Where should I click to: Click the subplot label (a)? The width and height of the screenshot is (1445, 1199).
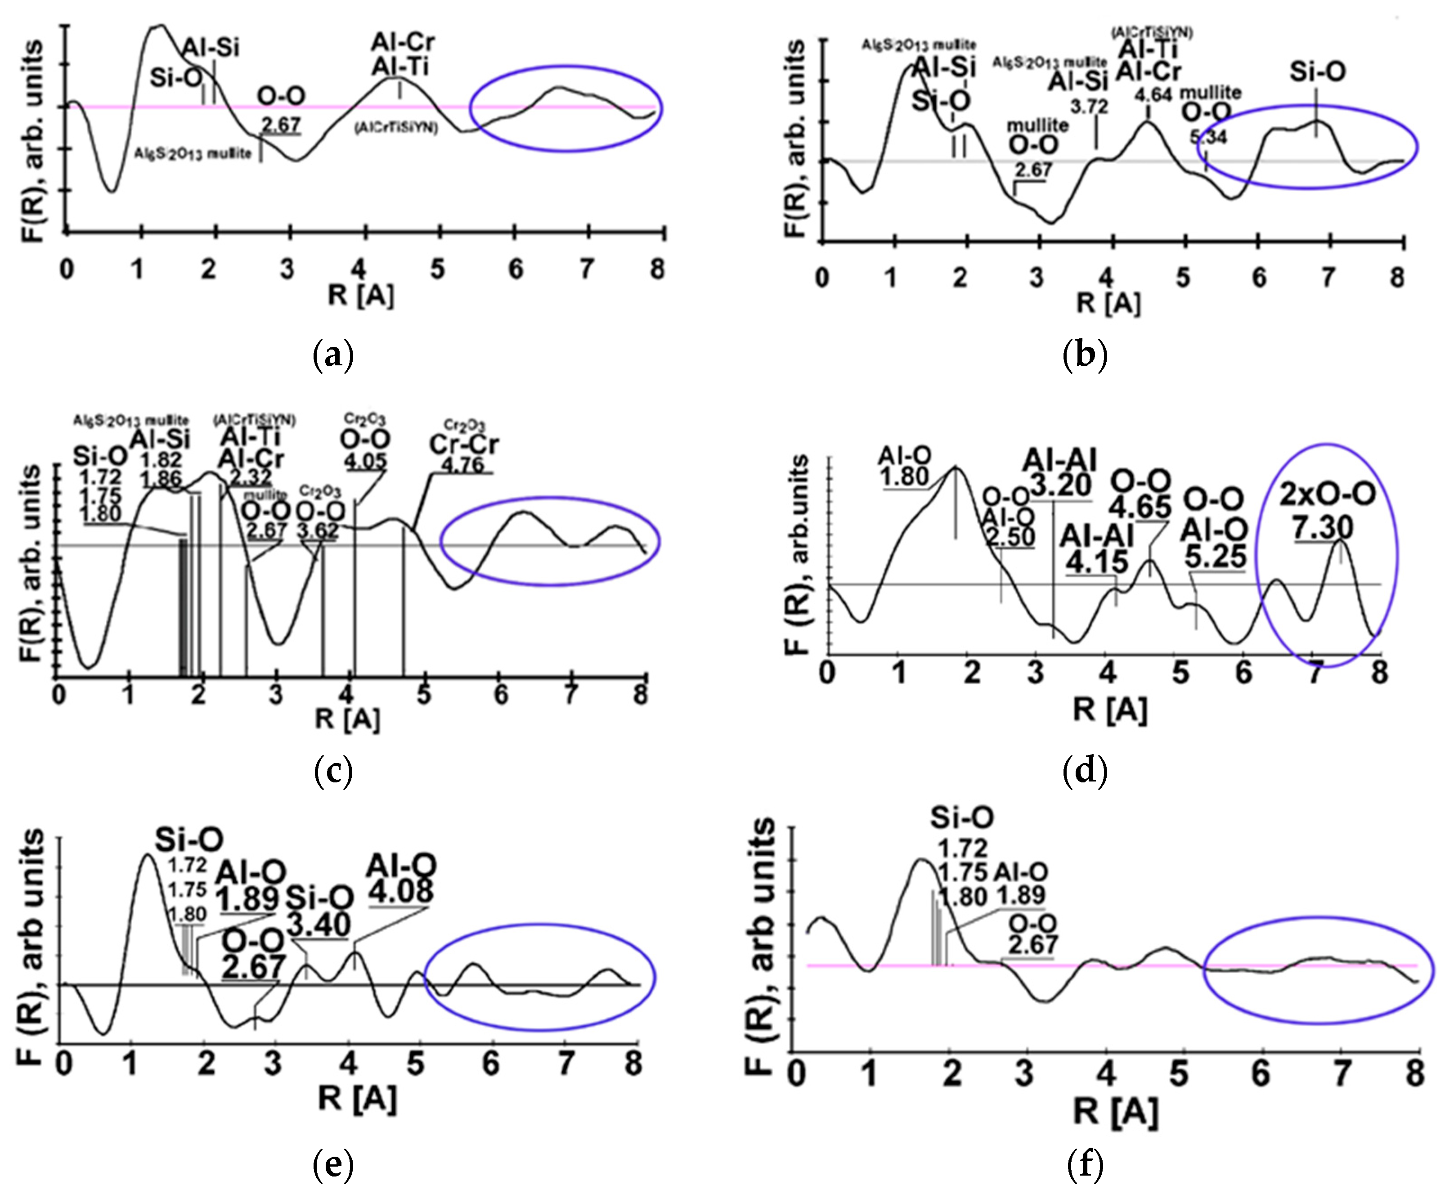(x=333, y=356)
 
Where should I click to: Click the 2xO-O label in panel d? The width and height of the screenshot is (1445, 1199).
(x=1327, y=494)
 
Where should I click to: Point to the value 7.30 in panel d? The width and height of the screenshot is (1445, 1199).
(x=1323, y=527)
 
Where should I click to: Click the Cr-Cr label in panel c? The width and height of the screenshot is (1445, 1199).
(x=464, y=444)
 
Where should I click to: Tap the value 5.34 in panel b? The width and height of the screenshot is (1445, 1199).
(x=1208, y=137)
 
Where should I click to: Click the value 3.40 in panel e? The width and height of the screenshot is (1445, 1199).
(x=319, y=925)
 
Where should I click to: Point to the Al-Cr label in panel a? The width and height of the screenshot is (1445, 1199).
(x=403, y=43)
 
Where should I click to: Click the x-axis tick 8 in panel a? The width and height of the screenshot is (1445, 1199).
(x=658, y=269)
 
